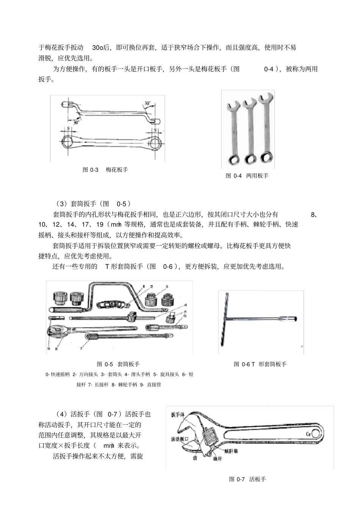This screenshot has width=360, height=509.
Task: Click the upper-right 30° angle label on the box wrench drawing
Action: click(x=147, y=103)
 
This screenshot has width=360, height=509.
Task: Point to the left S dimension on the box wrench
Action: click(x=68, y=129)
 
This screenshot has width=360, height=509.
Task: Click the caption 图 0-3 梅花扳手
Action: click(x=105, y=170)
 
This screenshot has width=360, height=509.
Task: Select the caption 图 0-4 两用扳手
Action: click(x=247, y=176)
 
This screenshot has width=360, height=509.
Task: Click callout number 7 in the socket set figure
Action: click(x=80, y=347)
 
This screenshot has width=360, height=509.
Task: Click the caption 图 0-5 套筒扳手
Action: click(x=118, y=364)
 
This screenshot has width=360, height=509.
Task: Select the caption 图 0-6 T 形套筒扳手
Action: click(x=260, y=364)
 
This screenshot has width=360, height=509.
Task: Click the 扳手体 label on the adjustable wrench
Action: click(x=178, y=414)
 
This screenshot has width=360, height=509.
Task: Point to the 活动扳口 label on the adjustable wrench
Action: click(x=180, y=439)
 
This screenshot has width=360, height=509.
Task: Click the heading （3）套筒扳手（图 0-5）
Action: click(x=93, y=203)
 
